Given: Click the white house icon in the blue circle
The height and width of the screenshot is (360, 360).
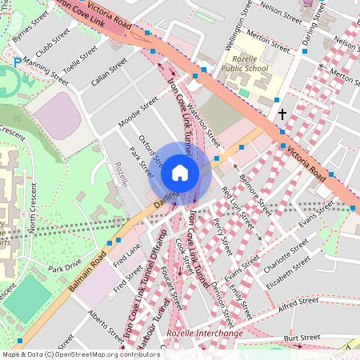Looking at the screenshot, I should [x=180, y=173].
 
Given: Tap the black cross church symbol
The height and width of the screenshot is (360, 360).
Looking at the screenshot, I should [x=282, y=115].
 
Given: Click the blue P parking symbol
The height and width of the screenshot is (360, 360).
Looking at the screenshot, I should [x=18, y=62].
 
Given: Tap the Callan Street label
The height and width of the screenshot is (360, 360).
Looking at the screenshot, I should [x=110, y=78].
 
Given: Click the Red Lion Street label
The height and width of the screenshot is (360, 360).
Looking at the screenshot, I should [x=236, y=205].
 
